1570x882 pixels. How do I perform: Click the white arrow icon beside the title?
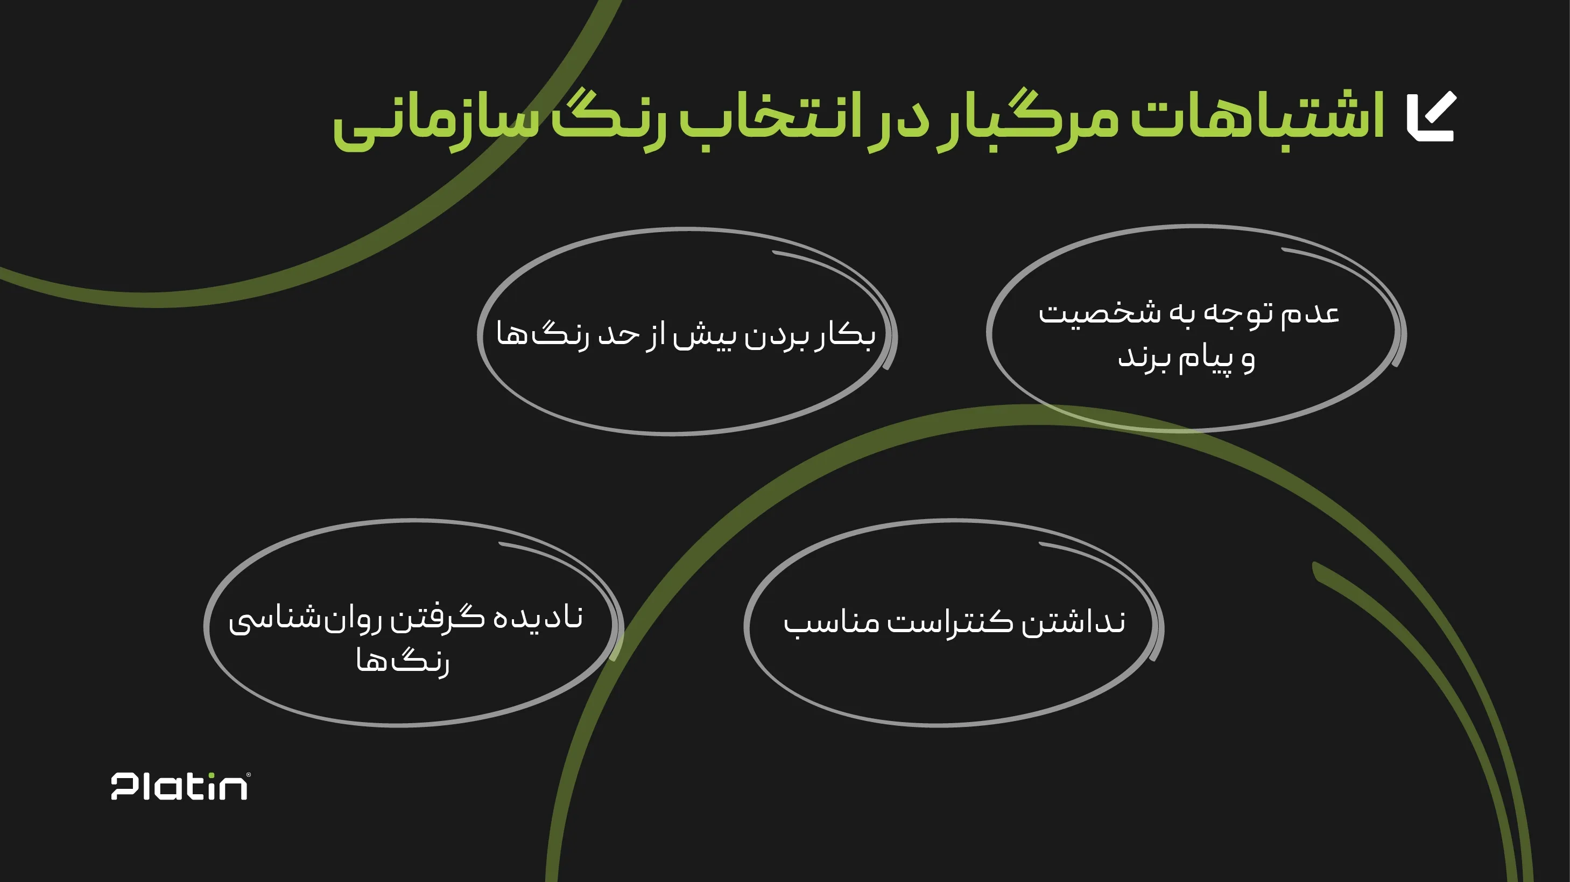1432,116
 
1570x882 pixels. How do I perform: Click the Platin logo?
180,786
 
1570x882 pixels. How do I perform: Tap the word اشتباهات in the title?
1257,116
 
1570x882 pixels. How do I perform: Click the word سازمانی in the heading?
436,122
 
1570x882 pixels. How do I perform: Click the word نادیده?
538,618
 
